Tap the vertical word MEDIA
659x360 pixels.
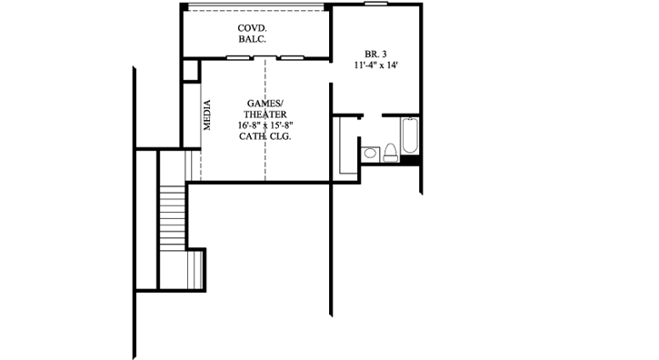207,115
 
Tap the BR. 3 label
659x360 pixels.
375,55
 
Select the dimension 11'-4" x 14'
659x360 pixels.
376,65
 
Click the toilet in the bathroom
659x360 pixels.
388,152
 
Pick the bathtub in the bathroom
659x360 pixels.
409,138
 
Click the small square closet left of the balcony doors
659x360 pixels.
190,71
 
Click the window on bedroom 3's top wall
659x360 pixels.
376,5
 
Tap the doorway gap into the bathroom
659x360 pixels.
373,115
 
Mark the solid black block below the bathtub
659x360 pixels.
410,162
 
